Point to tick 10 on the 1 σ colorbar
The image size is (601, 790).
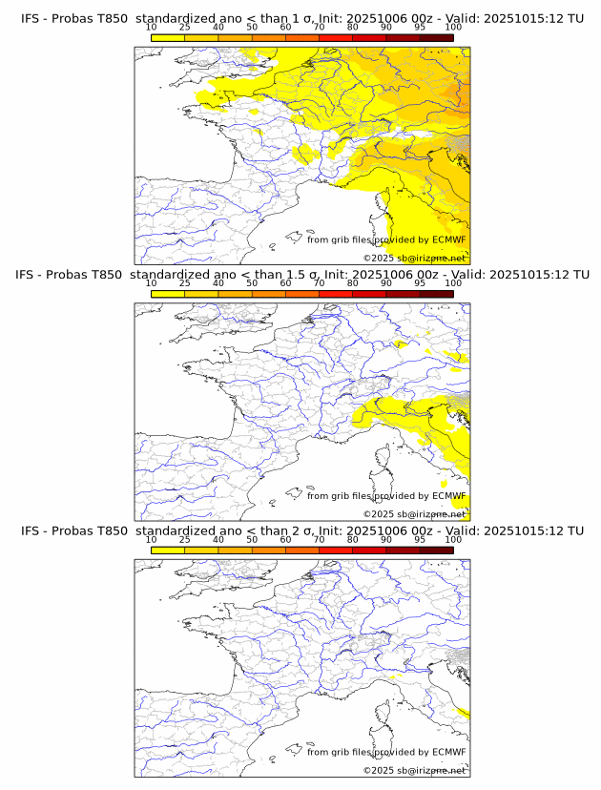pos(152,28)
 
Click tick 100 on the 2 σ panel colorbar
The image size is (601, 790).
pos(453,540)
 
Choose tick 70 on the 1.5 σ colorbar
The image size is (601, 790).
pos(319,283)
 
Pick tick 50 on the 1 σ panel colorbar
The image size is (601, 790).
pos(252,28)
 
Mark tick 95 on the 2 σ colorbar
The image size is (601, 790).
pos(420,540)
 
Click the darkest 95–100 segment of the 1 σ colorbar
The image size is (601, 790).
pos(436,37)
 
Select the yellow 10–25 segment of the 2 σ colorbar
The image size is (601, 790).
pos(168,550)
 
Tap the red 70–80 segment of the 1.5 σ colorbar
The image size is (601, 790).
pos(335,293)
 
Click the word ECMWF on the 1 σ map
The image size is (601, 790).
pos(448,239)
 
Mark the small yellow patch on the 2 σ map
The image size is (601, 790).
pos(463,713)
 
